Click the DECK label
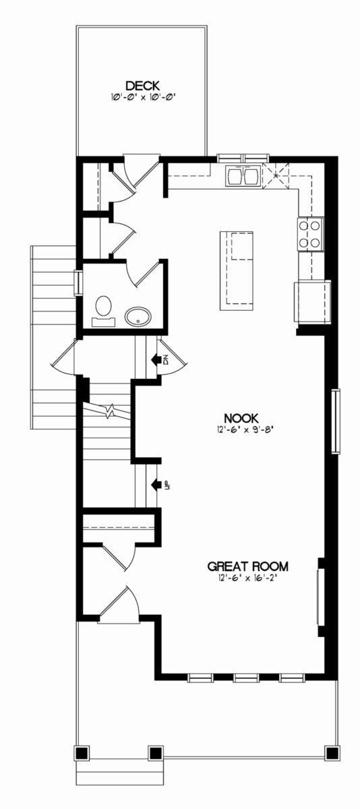point(143,86)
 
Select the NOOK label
point(241,418)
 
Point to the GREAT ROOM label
point(247,566)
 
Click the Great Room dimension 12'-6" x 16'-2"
point(247,578)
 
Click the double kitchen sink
point(242,175)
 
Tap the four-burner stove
point(310,234)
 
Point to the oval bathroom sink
point(138,318)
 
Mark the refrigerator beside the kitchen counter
point(313,301)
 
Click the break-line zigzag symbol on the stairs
point(111,411)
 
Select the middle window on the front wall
point(245,678)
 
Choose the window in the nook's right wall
point(336,421)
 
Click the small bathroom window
point(78,282)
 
